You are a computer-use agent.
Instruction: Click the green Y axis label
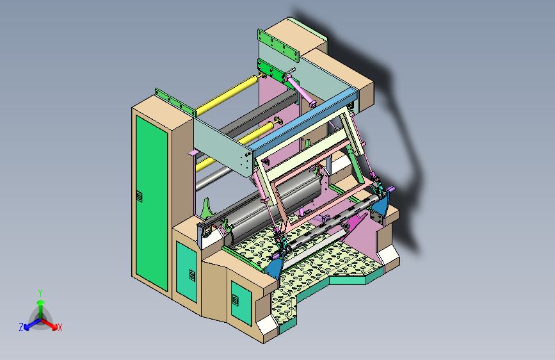[40, 293]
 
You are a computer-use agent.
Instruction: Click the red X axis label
[60, 327]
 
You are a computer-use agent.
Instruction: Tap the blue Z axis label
[21, 327]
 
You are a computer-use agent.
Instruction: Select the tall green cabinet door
[152, 202]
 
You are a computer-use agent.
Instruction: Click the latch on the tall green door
[140, 196]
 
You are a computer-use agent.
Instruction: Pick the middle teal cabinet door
[186, 272]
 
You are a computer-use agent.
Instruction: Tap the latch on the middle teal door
[192, 275]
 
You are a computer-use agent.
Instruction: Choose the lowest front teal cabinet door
[241, 303]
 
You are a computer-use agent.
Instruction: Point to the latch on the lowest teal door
[236, 300]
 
